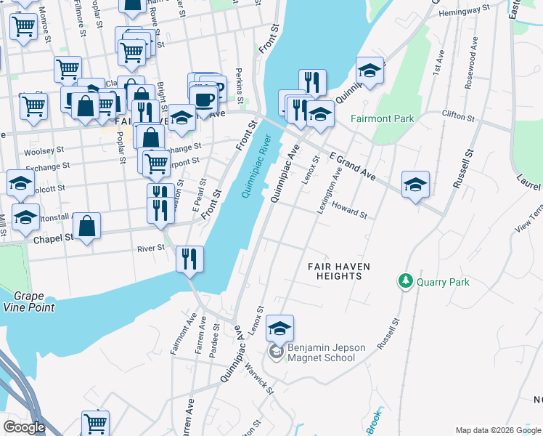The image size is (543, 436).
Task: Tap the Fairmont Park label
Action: [x=381, y=118]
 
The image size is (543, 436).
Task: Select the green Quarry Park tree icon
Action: [x=405, y=280]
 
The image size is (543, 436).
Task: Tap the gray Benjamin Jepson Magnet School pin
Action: [x=276, y=352]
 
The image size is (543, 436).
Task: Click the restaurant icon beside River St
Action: [x=189, y=259]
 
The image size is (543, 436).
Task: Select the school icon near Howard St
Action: [x=416, y=185]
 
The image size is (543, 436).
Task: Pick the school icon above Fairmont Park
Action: [x=370, y=70]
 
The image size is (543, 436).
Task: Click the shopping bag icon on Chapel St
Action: [x=87, y=226]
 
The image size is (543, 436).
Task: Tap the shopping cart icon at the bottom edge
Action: [x=95, y=423]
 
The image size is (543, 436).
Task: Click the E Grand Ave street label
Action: [x=352, y=167]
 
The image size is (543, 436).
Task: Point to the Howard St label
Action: [x=349, y=211]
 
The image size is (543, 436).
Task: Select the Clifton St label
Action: [x=458, y=116]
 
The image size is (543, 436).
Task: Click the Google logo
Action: [x=24, y=427]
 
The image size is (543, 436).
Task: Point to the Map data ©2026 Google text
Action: [x=498, y=430]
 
